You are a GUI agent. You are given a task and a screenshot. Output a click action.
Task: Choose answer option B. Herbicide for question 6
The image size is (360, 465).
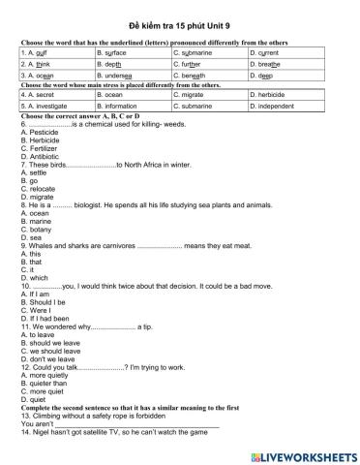(39, 139)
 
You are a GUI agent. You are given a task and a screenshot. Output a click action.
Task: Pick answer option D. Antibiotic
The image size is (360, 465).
(39, 156)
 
